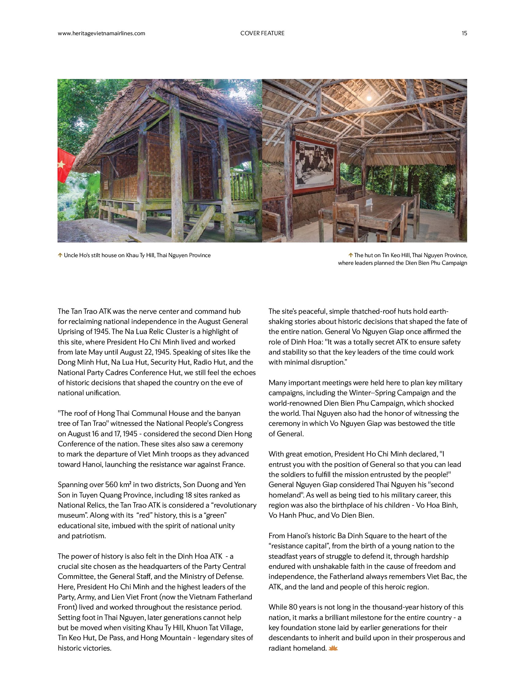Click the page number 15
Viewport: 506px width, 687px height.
click(464, 33)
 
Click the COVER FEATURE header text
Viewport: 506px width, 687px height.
click(262, 33)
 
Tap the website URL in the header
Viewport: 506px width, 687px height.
click(101, 33)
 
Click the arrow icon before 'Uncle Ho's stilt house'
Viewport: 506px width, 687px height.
click(60, 255)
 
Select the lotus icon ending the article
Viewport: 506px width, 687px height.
click(333, 648)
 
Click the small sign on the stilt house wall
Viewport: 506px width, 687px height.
click(106, 185)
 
